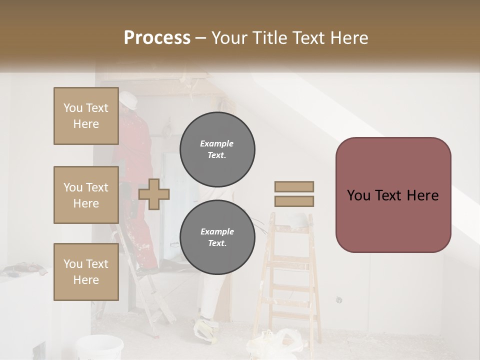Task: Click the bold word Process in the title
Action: coord(157,38)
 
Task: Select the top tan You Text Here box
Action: coord(86,116)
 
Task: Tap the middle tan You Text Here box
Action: coord(86,195)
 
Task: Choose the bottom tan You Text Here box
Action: coord(86,272)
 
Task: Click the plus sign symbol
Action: coord(154,194)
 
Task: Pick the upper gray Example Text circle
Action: coord(217,149)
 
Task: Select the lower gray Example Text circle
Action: coord(217,237)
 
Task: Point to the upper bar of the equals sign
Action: coord(294,186)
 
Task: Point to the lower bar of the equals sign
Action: coord(294,201)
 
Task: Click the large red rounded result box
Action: coord(393,195)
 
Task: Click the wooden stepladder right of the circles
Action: coord(289,280)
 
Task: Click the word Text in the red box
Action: coord(393,195)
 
